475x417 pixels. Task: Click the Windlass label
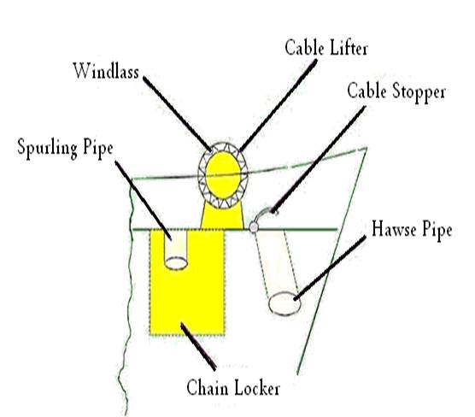point(106,71)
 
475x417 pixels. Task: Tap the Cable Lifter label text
point(326,48)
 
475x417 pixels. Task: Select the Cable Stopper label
point(396,91)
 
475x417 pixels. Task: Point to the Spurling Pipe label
point(65,149)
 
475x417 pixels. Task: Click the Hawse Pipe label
point(412,229)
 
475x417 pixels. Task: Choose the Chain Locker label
point(233,388)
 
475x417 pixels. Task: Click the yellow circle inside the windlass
point(223,175)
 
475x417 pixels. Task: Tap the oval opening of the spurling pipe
point(176,263)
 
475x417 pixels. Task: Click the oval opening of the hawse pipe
point(284,303)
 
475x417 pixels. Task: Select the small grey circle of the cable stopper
point(254,226)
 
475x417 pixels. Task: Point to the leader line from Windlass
point(177,114)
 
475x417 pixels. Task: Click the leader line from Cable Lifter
point(279,105)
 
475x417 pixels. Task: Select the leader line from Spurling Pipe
point(144,201)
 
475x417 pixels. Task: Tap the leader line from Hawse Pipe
point(330,268)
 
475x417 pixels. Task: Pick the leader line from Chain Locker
point(198,347)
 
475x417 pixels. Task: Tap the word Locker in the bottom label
point(257,388)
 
